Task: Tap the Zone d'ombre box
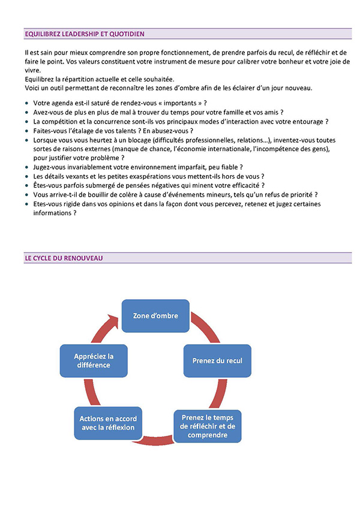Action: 155,315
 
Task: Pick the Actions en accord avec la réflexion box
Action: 108,423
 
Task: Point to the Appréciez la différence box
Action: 94,360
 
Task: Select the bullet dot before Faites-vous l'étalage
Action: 26,130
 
